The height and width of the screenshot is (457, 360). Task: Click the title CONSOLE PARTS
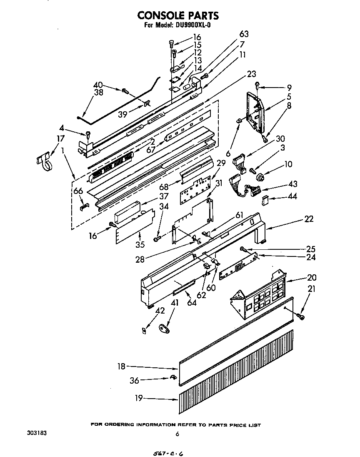tap(178, 15)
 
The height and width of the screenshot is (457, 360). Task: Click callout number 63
tap(244, 34)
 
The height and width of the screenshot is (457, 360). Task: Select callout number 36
tap(134, 380)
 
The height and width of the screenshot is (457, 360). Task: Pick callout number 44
tap(292, 196)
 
